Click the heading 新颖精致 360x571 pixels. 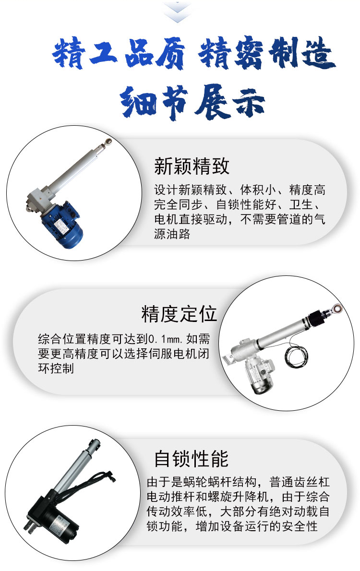[x=192, y=166]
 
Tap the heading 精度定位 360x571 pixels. [x=179, y=314]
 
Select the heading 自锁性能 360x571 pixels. [x=192, y=458]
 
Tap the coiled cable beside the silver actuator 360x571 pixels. [x=296, y=356]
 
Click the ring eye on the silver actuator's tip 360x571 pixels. [x=337, y=309]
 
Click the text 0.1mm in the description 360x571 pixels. [x=165, y=339]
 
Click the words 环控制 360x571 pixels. [x=56, y=368]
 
